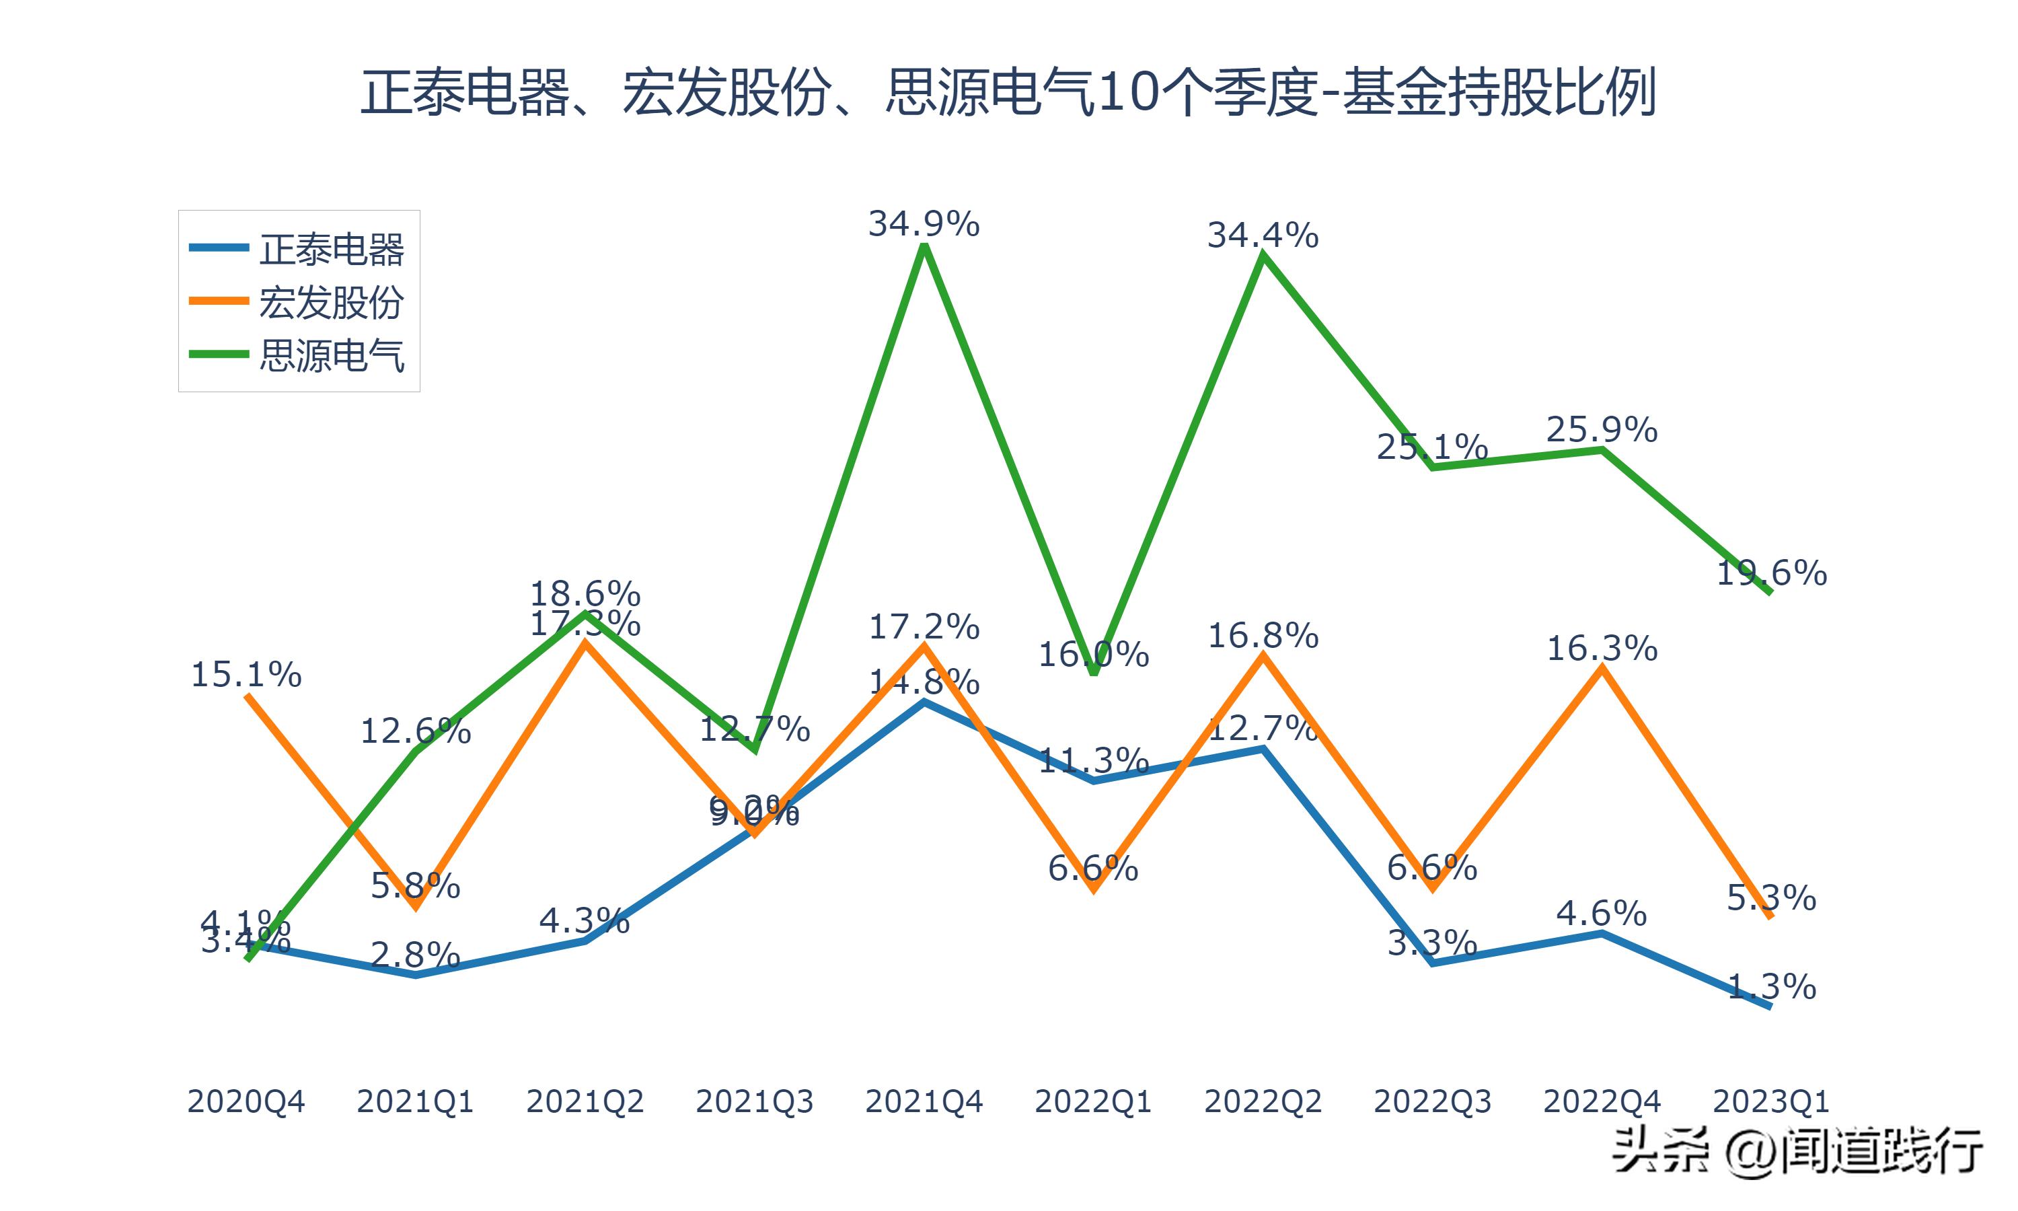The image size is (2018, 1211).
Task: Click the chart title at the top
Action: [1008, 92]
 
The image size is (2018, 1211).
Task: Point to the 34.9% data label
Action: [924, 223]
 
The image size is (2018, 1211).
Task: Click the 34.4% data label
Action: [1263, 235]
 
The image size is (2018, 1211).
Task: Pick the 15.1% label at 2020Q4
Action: [246, 675]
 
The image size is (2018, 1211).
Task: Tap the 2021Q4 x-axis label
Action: [924, 1101]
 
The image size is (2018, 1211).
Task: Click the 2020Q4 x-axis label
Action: [246, 1101]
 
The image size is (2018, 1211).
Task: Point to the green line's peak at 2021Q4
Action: [924, 246]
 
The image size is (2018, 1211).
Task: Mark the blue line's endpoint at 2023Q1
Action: [1770, 1006]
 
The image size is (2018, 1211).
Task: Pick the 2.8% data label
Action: [415, 955]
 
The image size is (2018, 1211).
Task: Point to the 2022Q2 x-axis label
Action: [1263, 1101]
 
